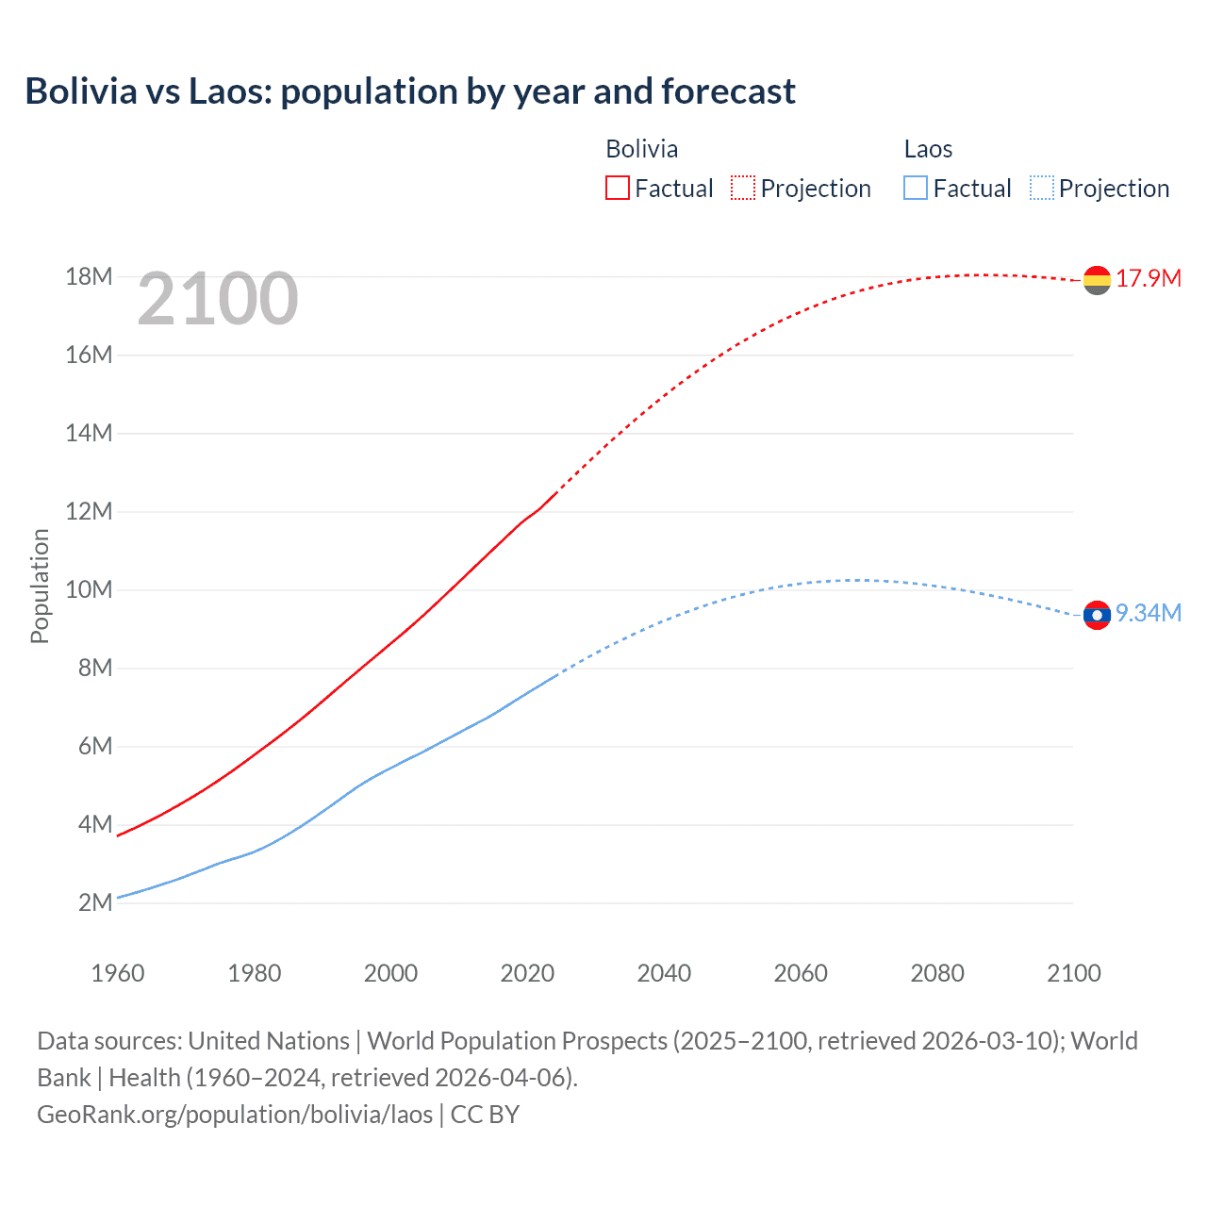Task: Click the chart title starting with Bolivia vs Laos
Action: [x=410, y=91]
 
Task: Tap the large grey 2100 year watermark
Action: [x=218, y=299]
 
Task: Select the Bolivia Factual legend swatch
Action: [x=617, y=188]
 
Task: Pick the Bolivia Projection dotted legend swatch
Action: [x=743, y=188]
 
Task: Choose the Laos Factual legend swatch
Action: [x=915, y=188]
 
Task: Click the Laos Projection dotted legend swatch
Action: [x=1041, y=188]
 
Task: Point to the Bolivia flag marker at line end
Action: [x=1097, y=280]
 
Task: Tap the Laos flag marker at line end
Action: [x=1097, y=615]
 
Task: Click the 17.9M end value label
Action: [x=1149, y=278]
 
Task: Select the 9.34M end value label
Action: [x=1149, y=613]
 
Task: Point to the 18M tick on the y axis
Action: [x=89, y=276]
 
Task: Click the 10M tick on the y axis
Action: [x=89, y=589]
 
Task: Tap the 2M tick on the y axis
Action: [x=94, y=902]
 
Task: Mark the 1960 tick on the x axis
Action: [x=118, y=973]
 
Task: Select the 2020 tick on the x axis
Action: [x=527, y=973]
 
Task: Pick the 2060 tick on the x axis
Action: [x=801, y=973]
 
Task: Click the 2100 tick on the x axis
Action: [x=1073, y=973]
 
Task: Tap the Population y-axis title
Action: [x=40, y=586]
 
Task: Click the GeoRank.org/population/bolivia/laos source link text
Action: [x=235, y=1115]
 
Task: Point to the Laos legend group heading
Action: [x=928, y=149]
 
